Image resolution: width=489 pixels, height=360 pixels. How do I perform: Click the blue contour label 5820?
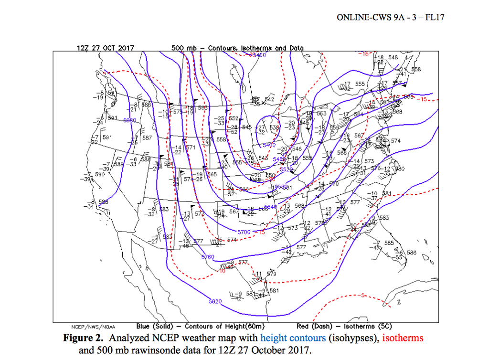click(215, 301)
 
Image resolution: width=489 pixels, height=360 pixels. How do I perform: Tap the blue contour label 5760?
click(208, 257)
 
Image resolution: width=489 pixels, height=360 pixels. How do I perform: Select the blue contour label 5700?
click(244, 232)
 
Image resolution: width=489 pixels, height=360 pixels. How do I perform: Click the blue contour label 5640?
click(270, 207)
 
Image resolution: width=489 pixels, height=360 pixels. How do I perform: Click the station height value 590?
click(100, 175)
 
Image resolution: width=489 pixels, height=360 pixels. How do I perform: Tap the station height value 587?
click(147, 138)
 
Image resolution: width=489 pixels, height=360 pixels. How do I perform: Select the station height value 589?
click(119, 164)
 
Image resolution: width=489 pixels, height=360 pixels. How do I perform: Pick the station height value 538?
click(275, 127)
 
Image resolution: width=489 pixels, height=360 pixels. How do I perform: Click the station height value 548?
click(393, 57)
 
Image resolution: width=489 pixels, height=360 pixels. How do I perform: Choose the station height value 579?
click(272, 274)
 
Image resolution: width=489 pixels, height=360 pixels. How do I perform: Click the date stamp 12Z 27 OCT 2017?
click(105, 48)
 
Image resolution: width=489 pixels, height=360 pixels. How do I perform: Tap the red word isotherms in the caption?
click(402, 338)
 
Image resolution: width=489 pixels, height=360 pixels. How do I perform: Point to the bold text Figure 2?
click(83, 338)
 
